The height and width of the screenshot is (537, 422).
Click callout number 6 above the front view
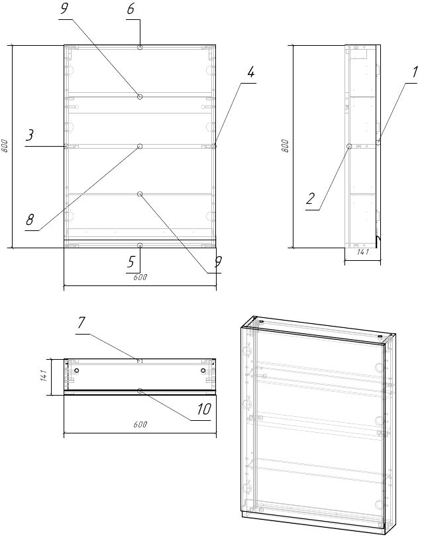pos(131,9)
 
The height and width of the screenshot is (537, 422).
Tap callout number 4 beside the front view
pos(251,72)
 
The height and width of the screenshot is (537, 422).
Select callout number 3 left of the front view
pos(30,135)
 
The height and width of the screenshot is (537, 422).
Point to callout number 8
pos(30,220)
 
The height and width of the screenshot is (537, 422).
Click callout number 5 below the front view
pos(131,262)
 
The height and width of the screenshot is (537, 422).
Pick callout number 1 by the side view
pos(415,72)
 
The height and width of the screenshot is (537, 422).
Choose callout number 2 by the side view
pos(310,198)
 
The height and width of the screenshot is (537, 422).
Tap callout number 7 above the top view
pos(81,323)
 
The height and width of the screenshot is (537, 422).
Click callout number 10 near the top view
pos(204,409)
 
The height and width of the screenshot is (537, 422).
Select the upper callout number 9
pos(64,9)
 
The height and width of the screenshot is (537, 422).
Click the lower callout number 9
pos(218,262)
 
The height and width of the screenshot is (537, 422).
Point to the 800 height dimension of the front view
pos(5,146)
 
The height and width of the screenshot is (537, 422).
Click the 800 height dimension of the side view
pos(286,146)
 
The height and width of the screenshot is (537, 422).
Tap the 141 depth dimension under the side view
pos(363,252)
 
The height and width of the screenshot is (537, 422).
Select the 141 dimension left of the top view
pos(44,376)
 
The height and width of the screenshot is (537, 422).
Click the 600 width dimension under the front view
pos(140,277)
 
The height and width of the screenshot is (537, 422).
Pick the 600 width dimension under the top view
pos(140,425)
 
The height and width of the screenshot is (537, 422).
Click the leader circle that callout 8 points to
pos(140,146)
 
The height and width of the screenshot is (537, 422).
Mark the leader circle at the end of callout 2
pos(349,146)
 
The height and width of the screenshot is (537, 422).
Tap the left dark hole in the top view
pos(77,370)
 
